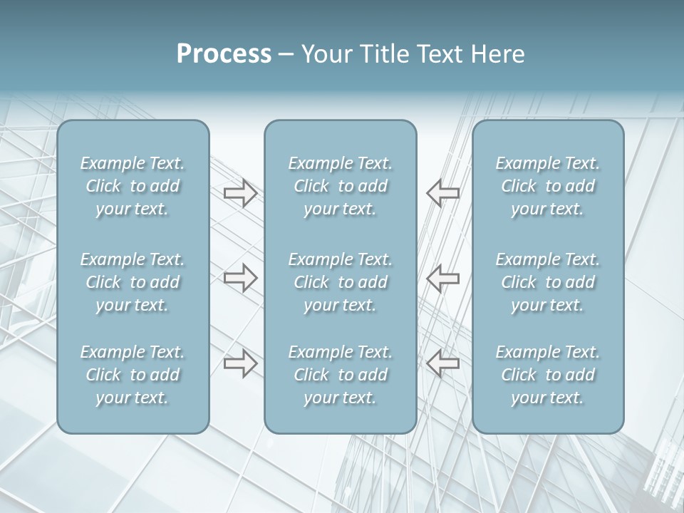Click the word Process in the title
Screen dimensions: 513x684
pos(224,54)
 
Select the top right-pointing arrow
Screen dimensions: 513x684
pos(240,192)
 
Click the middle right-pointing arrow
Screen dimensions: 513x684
pos(240,278)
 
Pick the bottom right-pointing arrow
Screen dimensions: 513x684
pos(240,363)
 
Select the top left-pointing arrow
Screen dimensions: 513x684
pos(442,192)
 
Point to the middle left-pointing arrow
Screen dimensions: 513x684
pos(442,278)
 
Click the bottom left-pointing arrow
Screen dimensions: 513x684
pos(442,363)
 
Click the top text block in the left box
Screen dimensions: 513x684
pos(133,186)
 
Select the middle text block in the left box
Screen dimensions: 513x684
pos(133,282)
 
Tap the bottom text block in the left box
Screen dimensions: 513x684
pos(133,375)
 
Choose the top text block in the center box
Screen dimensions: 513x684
pos(340,186)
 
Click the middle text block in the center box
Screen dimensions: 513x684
pos(340,282)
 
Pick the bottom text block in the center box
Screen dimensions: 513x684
pos(340,375)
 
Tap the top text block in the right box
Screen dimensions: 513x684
pos(547,186)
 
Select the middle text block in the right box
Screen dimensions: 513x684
pos(547,282)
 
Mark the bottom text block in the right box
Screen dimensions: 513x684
pos(547,375)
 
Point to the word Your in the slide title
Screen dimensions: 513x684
pos(325,54)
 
